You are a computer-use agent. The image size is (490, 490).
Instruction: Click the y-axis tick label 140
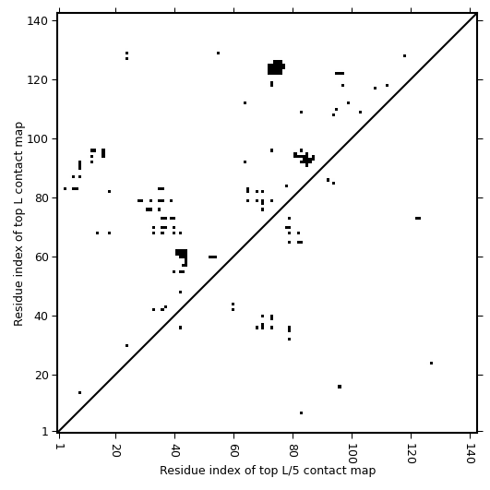[37, 21]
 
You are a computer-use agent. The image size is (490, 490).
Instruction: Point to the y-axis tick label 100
[37, 138]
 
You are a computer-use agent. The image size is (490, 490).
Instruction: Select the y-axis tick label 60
[41, 257]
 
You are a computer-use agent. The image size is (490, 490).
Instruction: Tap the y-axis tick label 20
[41, 375]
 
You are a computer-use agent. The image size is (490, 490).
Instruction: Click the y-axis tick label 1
[45, 432]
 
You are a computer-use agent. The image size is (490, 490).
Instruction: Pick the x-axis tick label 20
[115, 450]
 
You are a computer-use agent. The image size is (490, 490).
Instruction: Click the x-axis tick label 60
[233, 450]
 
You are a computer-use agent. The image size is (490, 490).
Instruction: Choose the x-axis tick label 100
[352, 453]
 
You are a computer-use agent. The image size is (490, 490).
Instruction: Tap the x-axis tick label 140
[470, 453]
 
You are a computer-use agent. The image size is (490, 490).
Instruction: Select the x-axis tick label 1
[59, 447]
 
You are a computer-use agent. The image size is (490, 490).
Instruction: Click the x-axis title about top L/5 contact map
[268, 471]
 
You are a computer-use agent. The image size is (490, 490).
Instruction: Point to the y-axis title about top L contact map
[18, 223]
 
